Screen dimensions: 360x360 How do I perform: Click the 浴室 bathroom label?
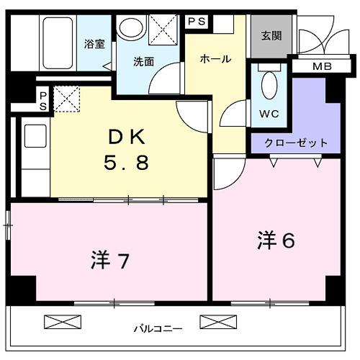pos(94,43)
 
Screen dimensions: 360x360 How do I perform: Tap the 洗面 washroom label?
pos(143,62)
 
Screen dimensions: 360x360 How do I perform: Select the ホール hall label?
pos(215,59)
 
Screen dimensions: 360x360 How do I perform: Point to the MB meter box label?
pos(323,68)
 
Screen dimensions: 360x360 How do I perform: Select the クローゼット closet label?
pos(296,143)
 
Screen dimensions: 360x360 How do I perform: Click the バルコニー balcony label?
pos(157,329)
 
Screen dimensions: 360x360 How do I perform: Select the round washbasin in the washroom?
pos(132,29)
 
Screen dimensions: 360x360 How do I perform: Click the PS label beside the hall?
pos(197,22)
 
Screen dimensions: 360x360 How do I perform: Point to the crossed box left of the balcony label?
pos(59,322)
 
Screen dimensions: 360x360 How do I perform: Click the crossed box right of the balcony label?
pos(213,322)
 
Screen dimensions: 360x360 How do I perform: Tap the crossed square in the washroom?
pos(165,30)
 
